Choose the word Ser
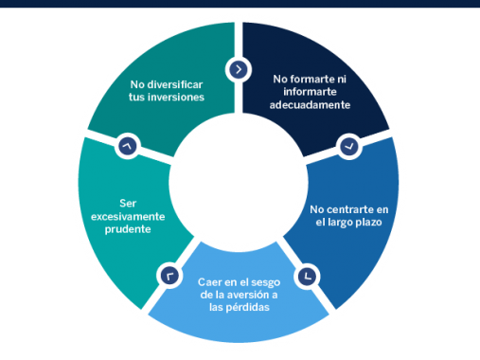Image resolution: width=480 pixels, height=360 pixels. point(128,203)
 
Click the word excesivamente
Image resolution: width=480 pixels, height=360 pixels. point(128,216)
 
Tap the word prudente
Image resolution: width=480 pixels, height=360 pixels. point(128,229)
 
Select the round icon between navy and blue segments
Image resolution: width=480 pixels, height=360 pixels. point(347,147)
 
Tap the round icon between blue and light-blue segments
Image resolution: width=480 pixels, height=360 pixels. point(307,276)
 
